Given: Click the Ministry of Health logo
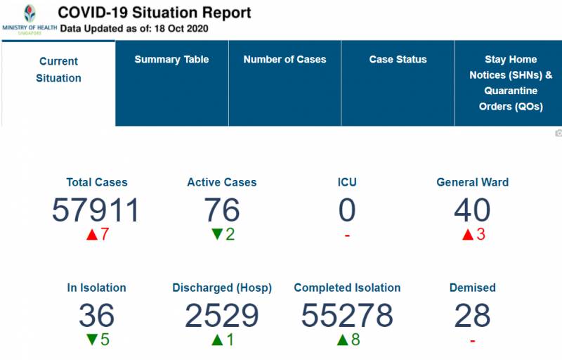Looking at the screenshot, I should (29, 19).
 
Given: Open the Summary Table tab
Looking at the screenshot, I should (171, 60).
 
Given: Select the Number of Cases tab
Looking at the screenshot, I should (285, 60).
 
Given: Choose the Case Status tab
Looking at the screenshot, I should (398, 60).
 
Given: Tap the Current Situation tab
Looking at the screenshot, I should (58, 70).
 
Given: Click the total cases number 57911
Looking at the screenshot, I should (96, 210).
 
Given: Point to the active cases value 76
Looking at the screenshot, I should (222, 210).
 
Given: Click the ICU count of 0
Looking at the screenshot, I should (347, 210).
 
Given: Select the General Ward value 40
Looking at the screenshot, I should (472, 210).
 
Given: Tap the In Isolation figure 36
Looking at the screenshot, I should (96, 316).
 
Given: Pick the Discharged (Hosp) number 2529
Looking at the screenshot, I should (222, 316).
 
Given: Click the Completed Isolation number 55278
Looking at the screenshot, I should (347, 316).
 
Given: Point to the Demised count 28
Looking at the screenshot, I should (472, 316).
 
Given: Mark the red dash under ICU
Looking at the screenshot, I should (347, 235).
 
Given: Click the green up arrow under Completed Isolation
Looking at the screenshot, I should (342, 340).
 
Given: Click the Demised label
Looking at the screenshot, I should (472, 288).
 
